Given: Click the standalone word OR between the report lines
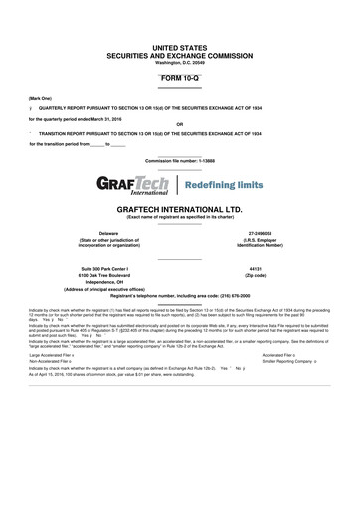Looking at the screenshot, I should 179,124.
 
